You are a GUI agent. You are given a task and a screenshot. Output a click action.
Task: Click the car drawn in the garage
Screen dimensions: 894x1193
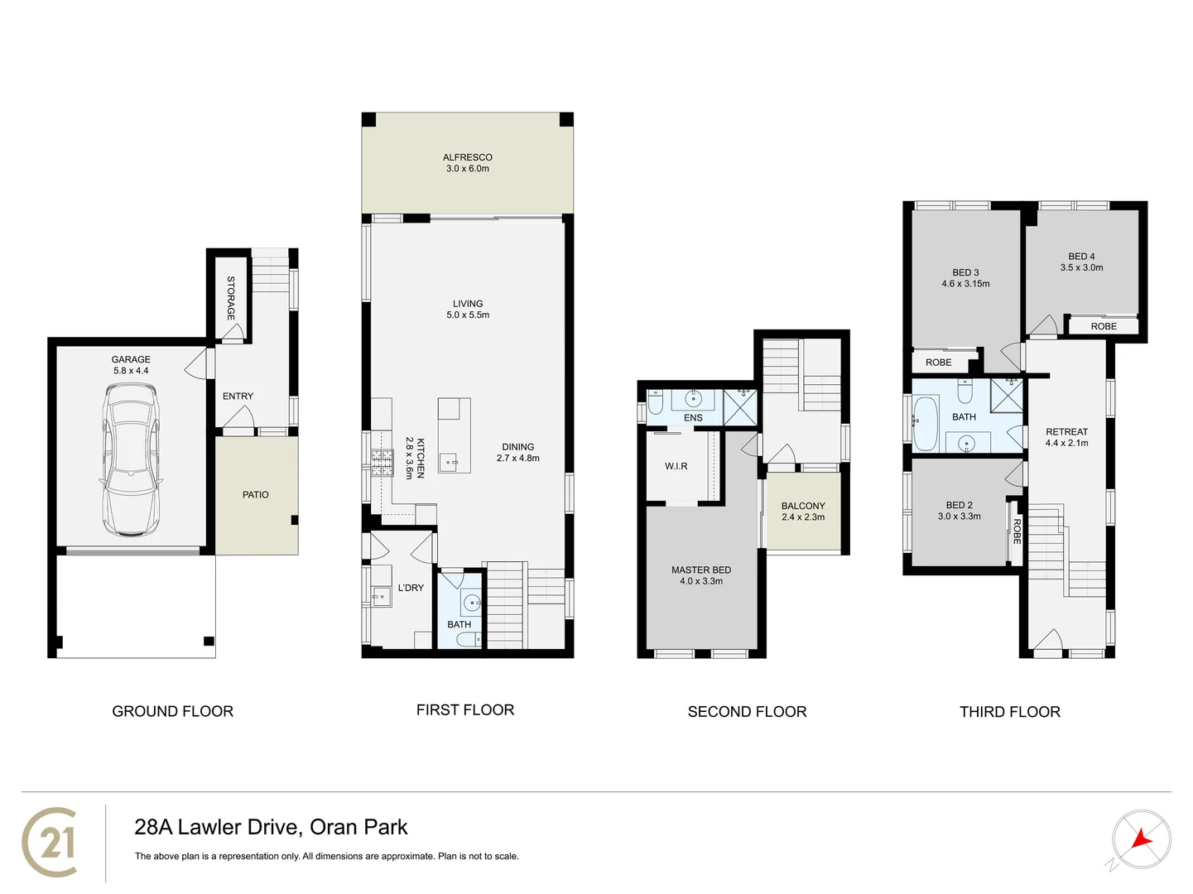click(x=130, y=468)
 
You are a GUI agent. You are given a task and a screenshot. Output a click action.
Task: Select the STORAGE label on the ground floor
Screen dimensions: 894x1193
click(x=231, y=298)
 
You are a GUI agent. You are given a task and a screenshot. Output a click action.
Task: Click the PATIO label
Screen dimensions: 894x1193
click(x=255, y=494)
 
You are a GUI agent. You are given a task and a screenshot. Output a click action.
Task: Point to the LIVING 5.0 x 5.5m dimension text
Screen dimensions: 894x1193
click(x=468, y=315)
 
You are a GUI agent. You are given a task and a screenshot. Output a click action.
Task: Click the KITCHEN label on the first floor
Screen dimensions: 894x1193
click(x=420, y=458)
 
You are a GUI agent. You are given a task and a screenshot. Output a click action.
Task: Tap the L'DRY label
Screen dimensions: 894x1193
click(x=411, y=588)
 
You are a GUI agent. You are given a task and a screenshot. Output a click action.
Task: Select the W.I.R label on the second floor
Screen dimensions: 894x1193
click(x=676, y=466)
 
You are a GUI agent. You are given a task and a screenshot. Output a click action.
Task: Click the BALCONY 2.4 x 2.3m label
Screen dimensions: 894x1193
click(x=803, y=511)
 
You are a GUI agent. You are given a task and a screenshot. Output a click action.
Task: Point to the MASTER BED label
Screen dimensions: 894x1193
click(x=700, y=570)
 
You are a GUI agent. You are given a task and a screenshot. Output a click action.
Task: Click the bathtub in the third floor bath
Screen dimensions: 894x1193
click(x=926, y=422)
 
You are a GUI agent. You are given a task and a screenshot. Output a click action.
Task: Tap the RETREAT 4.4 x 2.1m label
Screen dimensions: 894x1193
click(x=1066, y=437)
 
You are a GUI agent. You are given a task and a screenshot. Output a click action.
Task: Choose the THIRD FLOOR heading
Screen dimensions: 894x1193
click(x=1009, y=712)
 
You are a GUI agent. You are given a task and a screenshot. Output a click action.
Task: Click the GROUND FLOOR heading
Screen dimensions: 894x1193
click(x=172, y=711)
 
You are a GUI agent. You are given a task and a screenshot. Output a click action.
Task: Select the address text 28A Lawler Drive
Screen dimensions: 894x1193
click(x=271, y=827)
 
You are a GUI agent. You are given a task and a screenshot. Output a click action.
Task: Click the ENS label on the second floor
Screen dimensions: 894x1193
click(x=693, y=418)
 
